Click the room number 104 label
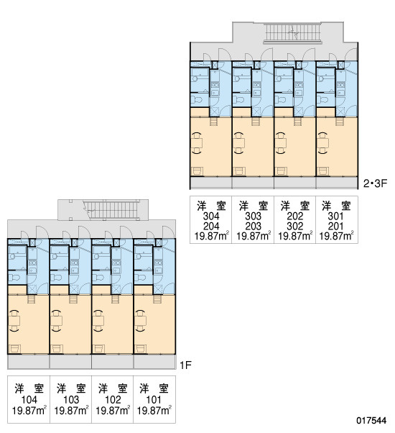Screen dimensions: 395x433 coord(29,400)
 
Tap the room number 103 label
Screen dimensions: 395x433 coord(71,400)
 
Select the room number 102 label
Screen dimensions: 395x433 coord(113,400)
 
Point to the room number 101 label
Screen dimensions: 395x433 coord(154,400)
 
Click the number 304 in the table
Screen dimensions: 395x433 coord(211,216)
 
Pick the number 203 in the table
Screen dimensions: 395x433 coord(253,226)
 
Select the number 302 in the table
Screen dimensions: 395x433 coord(295,226)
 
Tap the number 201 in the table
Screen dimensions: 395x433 coord(335,226)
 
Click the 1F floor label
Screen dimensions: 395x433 coord(185,365)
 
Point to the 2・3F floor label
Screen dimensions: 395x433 coord(376,183)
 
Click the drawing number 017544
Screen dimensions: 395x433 coord(371,421)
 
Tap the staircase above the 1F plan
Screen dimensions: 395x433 coord(111,210)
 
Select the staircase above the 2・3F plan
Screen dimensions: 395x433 coord(292,32)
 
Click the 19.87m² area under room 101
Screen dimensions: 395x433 coord(154,411)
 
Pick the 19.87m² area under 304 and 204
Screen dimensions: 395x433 coord(212,237)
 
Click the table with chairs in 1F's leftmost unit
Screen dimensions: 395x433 coord(14,321)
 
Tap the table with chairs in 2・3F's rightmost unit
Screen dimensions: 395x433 coord(322,142)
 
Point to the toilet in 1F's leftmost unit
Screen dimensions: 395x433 coord(13,277)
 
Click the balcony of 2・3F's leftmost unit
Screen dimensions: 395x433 coord(211,183)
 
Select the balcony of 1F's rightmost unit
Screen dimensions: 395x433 coord(154,362)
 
